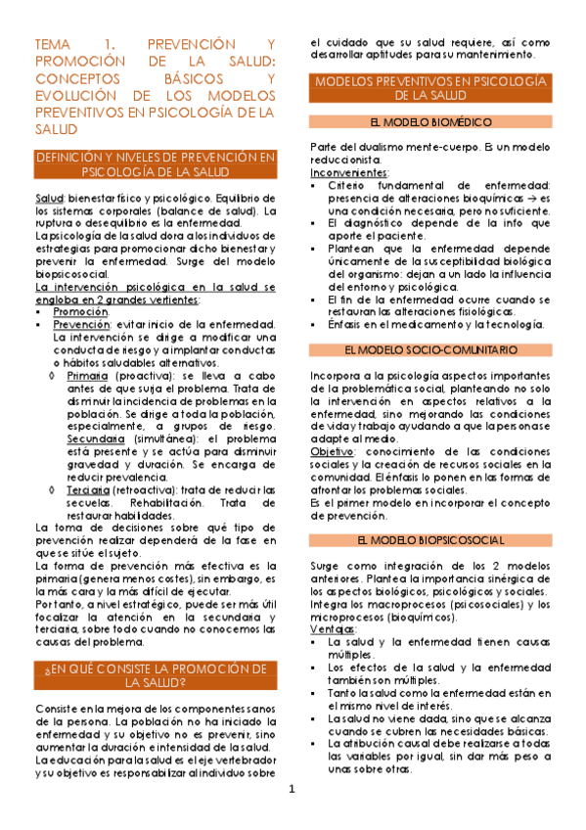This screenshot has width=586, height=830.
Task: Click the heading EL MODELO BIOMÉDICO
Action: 430,122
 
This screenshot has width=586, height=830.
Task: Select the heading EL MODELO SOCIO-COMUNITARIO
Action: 431,349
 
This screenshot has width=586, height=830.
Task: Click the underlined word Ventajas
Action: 331,629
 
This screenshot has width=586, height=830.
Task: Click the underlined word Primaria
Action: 88,375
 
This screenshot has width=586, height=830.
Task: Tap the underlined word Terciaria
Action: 89,460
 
